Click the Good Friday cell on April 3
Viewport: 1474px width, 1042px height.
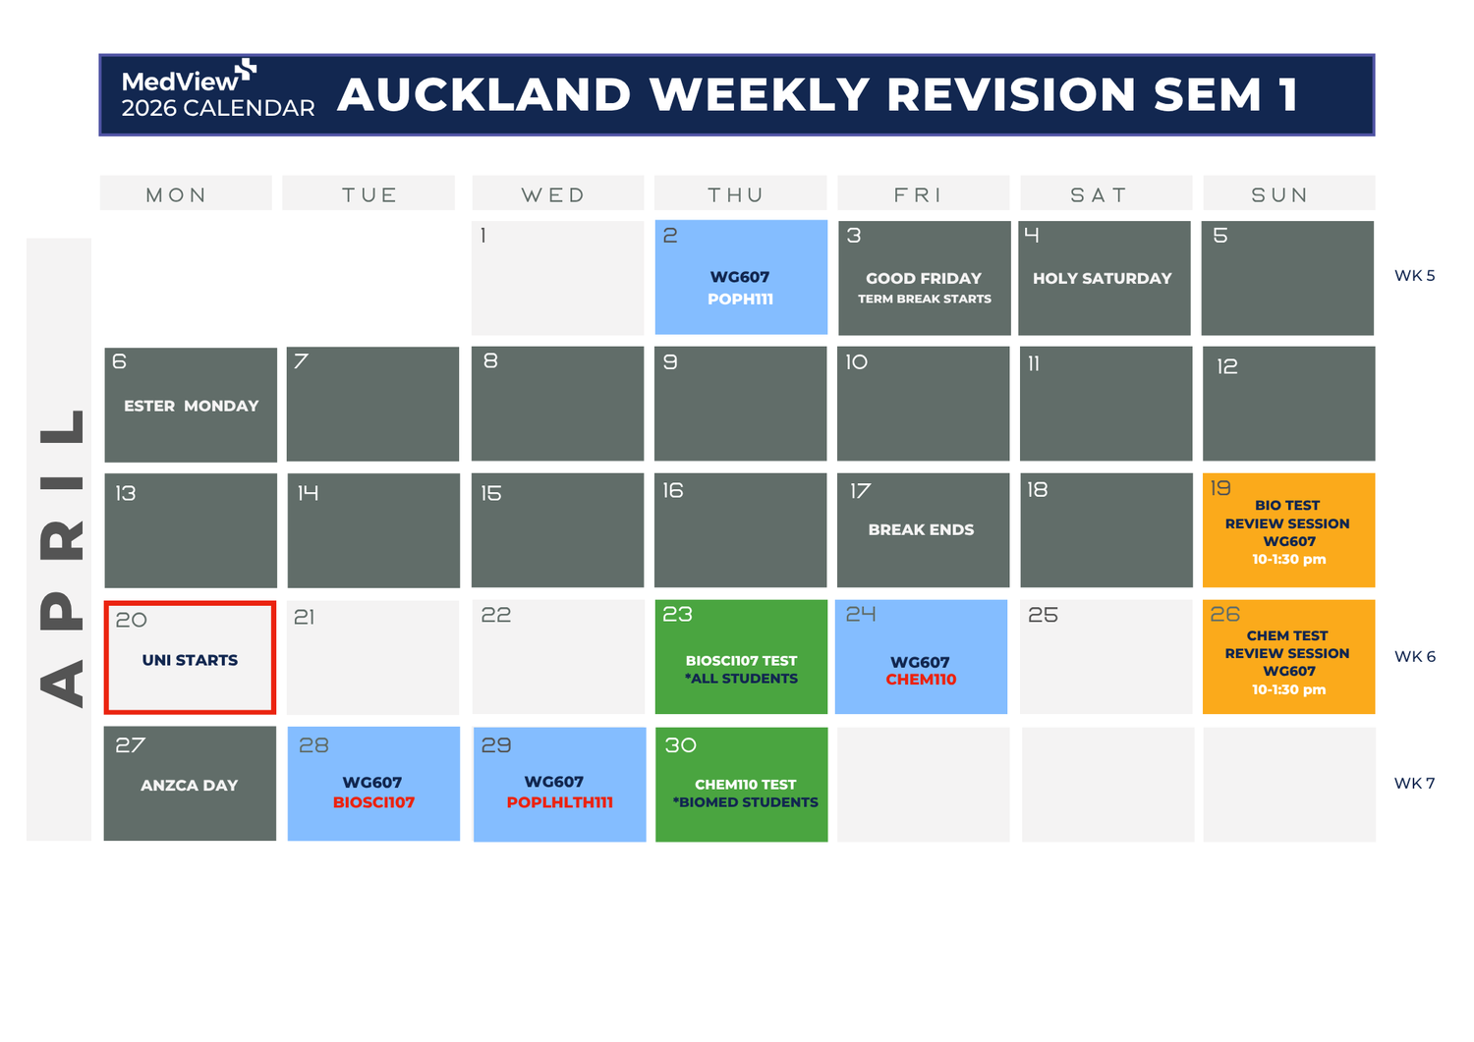[924, 278]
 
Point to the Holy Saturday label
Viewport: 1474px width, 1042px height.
[1102, 278]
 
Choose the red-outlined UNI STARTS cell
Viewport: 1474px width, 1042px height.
[190, 657]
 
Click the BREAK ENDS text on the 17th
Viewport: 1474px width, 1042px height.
[921, 529]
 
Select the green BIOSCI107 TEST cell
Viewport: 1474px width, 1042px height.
[741, 657]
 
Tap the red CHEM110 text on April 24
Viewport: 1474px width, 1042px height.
[921, 680]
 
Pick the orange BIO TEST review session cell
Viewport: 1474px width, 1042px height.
[1288, 530]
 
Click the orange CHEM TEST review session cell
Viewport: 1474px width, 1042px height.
[1288, 657]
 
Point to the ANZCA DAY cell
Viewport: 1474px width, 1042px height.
[190, 784]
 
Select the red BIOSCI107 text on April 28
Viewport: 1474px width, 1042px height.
[373, 802]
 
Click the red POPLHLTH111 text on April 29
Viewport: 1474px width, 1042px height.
[559, 802]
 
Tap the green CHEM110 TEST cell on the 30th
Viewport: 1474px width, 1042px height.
[741, 784]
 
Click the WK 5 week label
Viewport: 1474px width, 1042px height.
[1414, 276]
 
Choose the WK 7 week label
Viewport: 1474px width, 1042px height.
[1414, 784]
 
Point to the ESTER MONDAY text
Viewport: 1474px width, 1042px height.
[191, 406]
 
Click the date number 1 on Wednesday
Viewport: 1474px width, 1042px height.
[483, 236]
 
